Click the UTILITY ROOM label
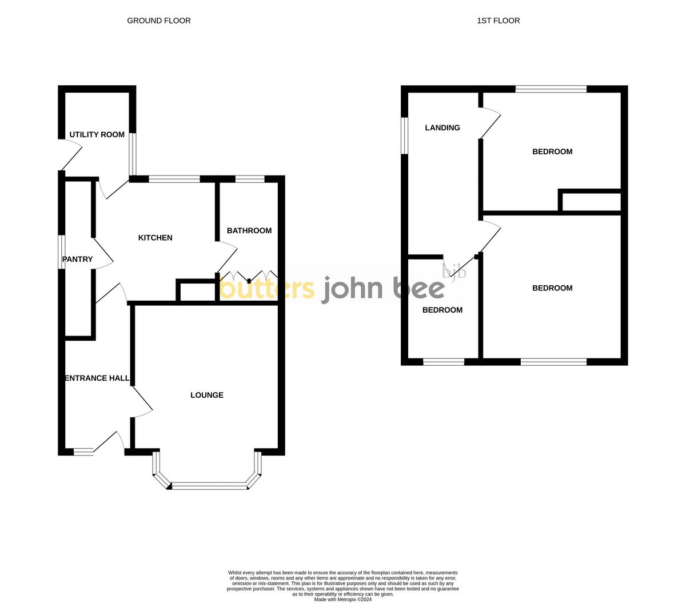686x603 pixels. [x=97, y=135]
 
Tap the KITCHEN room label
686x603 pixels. [x=155, y=238]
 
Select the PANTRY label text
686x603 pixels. [x=77, y=259]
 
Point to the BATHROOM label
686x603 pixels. [x=249, y=231]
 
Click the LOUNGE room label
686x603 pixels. [x=207, y=395]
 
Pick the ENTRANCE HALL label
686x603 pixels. [x=97, y=378]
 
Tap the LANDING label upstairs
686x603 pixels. [x=442, y=128]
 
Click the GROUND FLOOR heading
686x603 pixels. [x=159, y=21]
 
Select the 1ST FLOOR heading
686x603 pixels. [x=498, y=21]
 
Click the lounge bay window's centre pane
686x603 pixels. [x=209, y=486]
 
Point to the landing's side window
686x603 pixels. [x=404, y=135]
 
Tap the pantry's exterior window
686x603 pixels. [x=62, y=251]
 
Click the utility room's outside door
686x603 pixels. [x=71, y=154]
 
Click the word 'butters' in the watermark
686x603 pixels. [x=267, y=289]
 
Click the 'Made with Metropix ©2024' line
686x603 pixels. [x=343, y=600]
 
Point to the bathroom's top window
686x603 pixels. [x=250, y=179]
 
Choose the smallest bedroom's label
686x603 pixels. [x=442, y=310]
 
